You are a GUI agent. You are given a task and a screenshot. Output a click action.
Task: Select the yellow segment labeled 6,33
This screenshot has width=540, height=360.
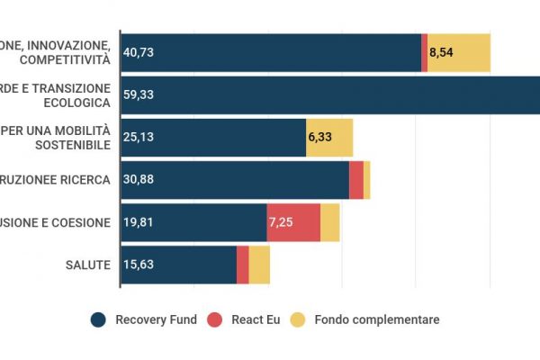pos(329,138)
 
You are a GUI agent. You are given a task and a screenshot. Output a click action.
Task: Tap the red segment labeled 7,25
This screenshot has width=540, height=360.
pos(293,222)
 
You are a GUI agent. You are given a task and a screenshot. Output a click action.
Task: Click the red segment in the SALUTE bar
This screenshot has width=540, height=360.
pos(242,265)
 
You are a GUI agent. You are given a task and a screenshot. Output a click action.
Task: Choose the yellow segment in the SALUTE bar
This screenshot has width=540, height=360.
pos(259,265)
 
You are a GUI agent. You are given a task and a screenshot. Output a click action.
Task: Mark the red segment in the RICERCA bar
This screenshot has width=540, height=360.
pos(356,180)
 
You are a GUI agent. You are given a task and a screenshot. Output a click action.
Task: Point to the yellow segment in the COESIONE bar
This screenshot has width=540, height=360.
pos(330,222)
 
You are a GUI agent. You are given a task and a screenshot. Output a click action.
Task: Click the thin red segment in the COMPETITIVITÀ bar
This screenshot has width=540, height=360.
pos(424,53)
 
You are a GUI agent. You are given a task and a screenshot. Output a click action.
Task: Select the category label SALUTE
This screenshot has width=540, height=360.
pos(88,265)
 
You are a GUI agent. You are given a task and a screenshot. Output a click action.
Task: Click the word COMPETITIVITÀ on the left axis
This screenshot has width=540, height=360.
pos(68,59)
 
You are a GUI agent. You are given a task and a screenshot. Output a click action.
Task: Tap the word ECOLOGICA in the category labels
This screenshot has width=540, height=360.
pos(77,102)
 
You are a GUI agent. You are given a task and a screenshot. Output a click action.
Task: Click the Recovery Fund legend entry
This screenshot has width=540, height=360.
pos(144,319)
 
